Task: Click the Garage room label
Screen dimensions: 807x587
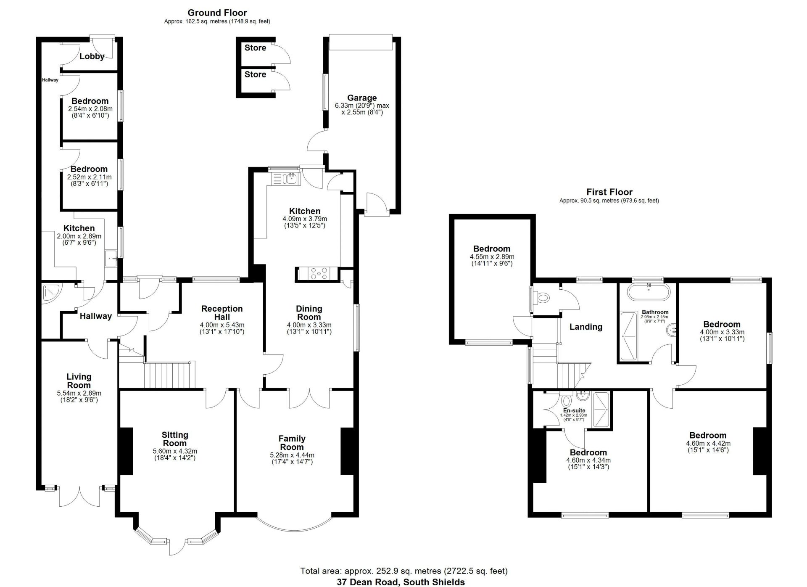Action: [x=361, y=98]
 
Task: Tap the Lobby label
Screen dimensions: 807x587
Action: [x=92, y=56]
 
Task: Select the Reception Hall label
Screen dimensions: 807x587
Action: [x=222, y=313]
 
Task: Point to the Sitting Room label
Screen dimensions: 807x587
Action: [x=175, y=439]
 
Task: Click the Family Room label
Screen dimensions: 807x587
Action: [x=292, y=443]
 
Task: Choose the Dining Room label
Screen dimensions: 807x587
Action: [x=309, y=313]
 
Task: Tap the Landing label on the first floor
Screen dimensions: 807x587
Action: [x=586, y=327]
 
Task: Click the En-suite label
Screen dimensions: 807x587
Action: [x=574, y=410]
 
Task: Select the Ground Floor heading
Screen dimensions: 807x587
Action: [x=217, y=13]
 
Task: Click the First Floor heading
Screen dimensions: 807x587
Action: [x=609, y=192]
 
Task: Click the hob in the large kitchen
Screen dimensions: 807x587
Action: [x=319, y=274]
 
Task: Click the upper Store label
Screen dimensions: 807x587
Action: [x=256, y=48]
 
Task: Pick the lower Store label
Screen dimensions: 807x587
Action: [x=256, y=74]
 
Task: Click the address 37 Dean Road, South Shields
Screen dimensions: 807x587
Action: [x=401, y=582]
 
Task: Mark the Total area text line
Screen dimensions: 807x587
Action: [x=404, y=571]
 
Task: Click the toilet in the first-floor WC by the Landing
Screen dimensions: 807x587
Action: [x=543, y=298]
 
